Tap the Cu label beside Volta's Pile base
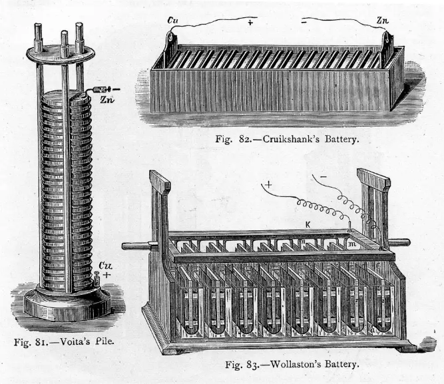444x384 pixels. pyautogui.click(x=105, y=266)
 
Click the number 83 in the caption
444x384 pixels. pyautogui.click(x=256, y=365)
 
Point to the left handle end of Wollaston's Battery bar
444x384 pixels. pyautogui.click(x=130, y=245)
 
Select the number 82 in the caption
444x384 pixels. pyautogui.click(x=228, y=140)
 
